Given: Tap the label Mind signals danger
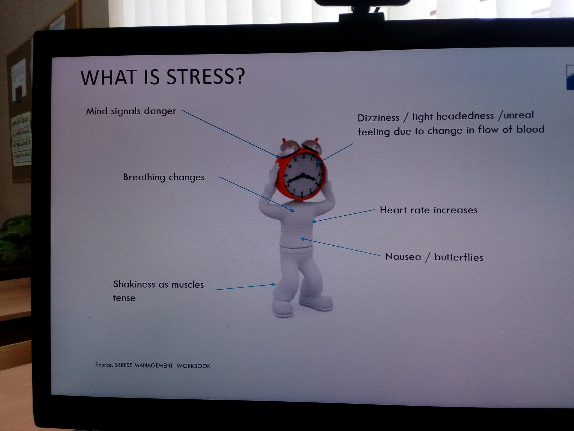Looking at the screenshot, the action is pos(131,111).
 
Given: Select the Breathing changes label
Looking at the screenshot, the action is pos(164,177).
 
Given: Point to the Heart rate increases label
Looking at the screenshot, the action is pos(429,210).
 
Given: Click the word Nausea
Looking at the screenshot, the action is pos(403,257).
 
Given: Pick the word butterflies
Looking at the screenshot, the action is pos(459,257).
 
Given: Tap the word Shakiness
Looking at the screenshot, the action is pos(134,284).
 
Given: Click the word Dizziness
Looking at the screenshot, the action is pos(378,118).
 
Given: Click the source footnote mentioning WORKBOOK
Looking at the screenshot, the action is pos(153,365).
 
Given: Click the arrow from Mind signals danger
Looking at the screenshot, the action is pos(231,134).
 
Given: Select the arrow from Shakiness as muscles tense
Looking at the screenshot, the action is pos(245,287).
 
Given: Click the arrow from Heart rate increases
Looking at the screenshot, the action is pos(343,216).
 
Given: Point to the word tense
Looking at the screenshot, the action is pos(124,298).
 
